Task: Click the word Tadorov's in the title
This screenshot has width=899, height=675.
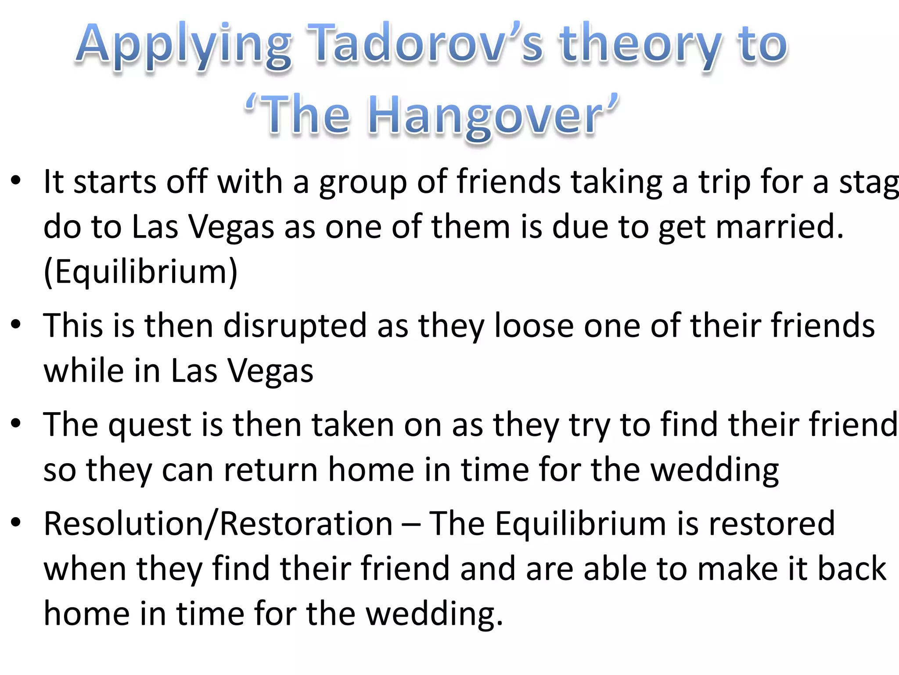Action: [424, 44]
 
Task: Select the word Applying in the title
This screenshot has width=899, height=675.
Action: [183, 45]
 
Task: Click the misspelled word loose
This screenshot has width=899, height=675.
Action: [534, 326]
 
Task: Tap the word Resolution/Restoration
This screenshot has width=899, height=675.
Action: [218, 524]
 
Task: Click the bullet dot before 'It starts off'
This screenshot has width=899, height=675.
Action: [16, 181]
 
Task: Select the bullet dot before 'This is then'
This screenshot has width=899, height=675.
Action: [16, 325]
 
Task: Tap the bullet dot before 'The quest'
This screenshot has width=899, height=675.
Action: [16, 424]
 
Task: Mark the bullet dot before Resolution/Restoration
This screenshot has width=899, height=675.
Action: [16, 523]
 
